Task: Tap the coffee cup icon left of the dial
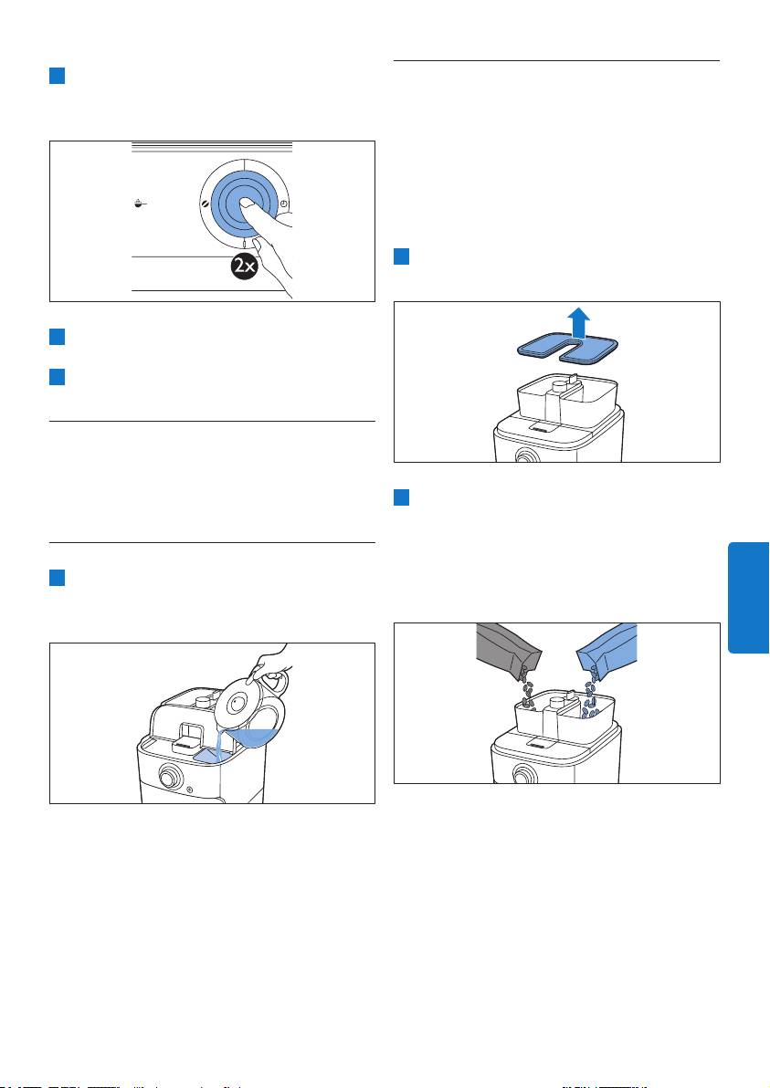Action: click(141, 204)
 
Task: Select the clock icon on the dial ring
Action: click(285, 204)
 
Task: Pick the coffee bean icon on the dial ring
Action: click(205, 204)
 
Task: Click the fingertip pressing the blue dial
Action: click(246, 204)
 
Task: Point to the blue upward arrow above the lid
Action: click(578, 323)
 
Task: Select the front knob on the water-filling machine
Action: click(168, 777)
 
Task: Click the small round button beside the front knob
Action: click(190, 789)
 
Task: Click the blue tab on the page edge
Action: click(748, 598)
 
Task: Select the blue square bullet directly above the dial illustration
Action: click(57, 76)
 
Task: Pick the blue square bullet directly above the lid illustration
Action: click(401, 256)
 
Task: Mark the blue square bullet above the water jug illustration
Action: click(57, 577)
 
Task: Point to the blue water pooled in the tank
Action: click(209, 756)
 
